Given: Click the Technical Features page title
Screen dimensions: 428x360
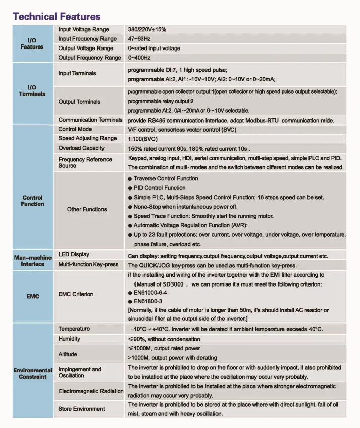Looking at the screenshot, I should coord(57,16).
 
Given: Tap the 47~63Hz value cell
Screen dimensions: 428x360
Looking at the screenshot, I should coord(139,39).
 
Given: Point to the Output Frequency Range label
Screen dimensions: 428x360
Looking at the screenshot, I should coord(89,58).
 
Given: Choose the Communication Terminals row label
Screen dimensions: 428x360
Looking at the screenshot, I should coord(90,120).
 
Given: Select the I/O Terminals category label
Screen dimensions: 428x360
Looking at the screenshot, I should coord(32,91).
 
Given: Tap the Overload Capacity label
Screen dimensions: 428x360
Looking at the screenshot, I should coord(81,148).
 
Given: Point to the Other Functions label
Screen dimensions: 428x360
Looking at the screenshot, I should coord(87,209).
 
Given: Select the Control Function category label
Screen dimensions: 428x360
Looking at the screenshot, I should coord(32,201).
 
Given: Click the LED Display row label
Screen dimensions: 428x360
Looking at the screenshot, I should coord(74,255).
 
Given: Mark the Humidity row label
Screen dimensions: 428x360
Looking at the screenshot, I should coord(69,339).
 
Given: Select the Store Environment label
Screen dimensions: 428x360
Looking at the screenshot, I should coord(82,409).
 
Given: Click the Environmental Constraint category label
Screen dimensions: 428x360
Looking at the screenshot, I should coord(32,373).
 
